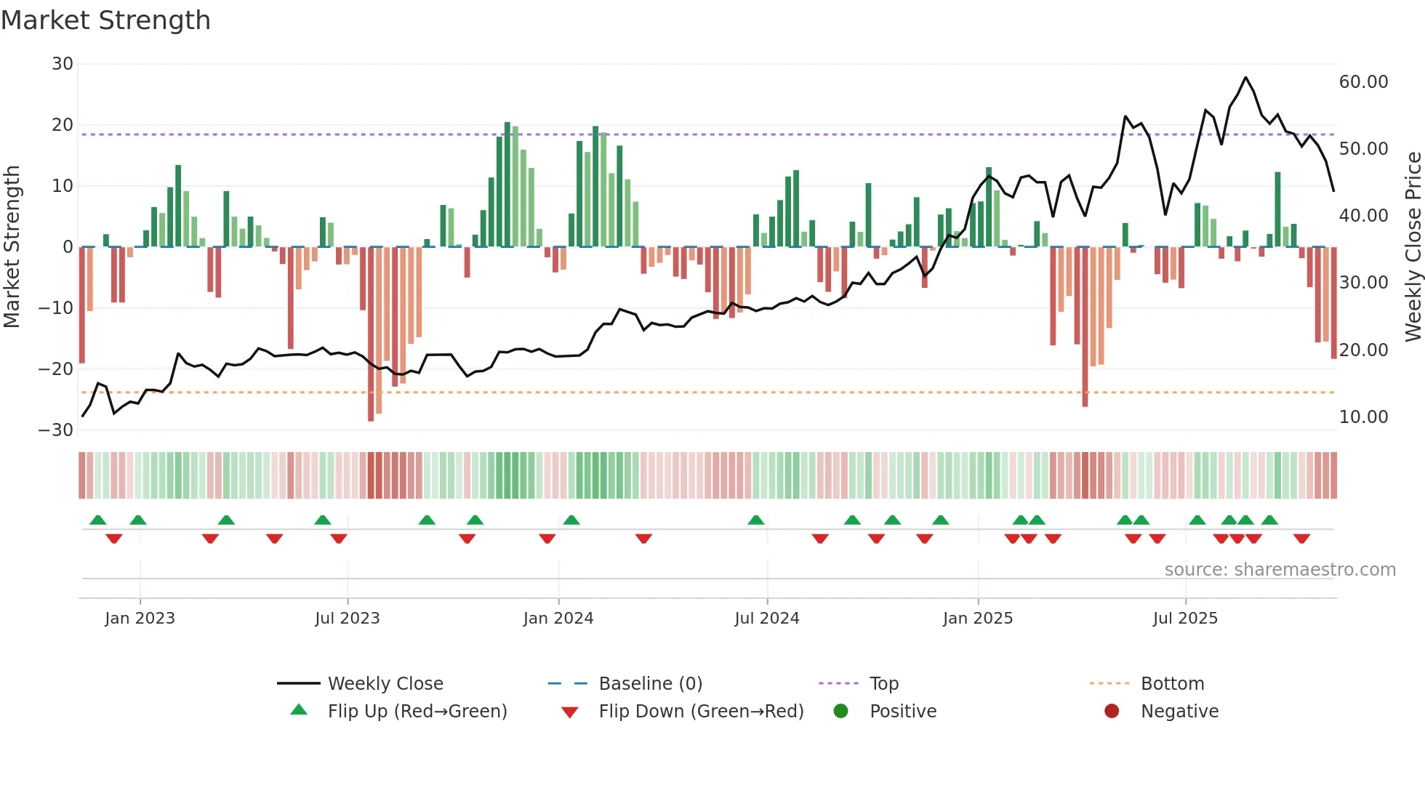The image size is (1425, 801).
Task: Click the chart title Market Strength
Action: (x=105, y=20)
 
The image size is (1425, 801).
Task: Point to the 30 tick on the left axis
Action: (x=63, y=64)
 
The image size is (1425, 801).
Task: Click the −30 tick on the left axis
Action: (x=56, y=430)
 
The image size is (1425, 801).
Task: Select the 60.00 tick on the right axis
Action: (x=1363, y=82)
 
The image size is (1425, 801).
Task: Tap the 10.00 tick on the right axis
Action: (x=1363, y=417)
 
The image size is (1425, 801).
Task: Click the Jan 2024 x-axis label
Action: (x=558, y=619)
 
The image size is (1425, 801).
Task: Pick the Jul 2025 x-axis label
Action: (x=1184, y=619)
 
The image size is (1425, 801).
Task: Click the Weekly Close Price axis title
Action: (x=1413, y=246)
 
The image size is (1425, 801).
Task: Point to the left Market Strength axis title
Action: (x=12, y=246)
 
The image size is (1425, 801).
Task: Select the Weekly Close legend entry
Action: (x=385, y=684)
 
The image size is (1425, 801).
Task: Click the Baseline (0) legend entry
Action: (x=650, y=684)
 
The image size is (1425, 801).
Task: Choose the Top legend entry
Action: (x=883, y=684)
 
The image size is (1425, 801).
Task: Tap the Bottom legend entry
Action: (x=1172, y=684)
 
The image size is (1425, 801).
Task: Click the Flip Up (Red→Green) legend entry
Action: (x=417, y=712)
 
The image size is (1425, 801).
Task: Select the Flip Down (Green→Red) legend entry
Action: (x=701, y=712)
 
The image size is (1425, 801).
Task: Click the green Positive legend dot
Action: (x=840, y=711)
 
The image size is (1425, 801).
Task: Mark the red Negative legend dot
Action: (x=1111, y=711)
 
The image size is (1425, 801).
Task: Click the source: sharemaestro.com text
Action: (x=1280, y=570)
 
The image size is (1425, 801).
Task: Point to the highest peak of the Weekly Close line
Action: (x=1245, y=77)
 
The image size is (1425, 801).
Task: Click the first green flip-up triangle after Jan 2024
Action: (x=571, y=520)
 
